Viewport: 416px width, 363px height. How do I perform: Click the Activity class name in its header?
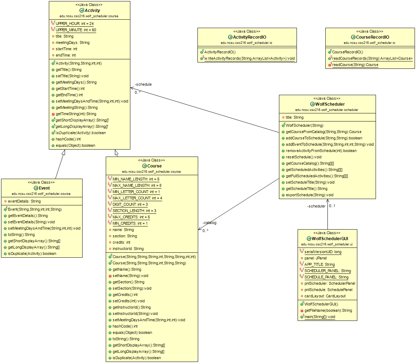[x=92, y=11]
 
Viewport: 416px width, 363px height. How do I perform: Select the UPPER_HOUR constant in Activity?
[x=74, y=24]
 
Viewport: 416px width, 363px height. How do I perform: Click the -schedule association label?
[x=143, y=84]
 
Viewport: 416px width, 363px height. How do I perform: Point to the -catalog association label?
[x=209, y=223]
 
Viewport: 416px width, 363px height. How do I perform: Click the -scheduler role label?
[x=316, y=206]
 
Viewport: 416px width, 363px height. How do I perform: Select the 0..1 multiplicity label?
[x=332, y=206]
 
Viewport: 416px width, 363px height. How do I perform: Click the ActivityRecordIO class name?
[x=249, y=37]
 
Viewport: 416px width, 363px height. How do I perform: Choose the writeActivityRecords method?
[x=249, y=58]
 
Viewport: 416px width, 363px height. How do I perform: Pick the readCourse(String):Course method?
[x=355, y=65]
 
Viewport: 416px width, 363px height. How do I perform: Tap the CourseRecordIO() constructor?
[x=347, y=52]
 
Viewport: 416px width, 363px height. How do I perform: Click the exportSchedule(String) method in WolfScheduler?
[x=310, y=195]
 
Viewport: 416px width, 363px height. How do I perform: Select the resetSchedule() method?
[x=304, y=157]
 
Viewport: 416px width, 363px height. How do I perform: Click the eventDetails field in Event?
[x=24, y=202]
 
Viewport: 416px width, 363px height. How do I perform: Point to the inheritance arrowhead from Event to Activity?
[x=63, y=152]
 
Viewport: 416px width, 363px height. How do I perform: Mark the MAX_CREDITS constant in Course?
[x=131, y=217]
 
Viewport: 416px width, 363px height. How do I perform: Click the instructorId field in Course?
[x=128, y=249]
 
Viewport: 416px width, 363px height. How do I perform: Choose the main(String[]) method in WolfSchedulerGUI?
[x=319, y=317]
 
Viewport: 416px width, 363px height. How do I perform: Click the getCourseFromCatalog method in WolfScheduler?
[x=323, y=132]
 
